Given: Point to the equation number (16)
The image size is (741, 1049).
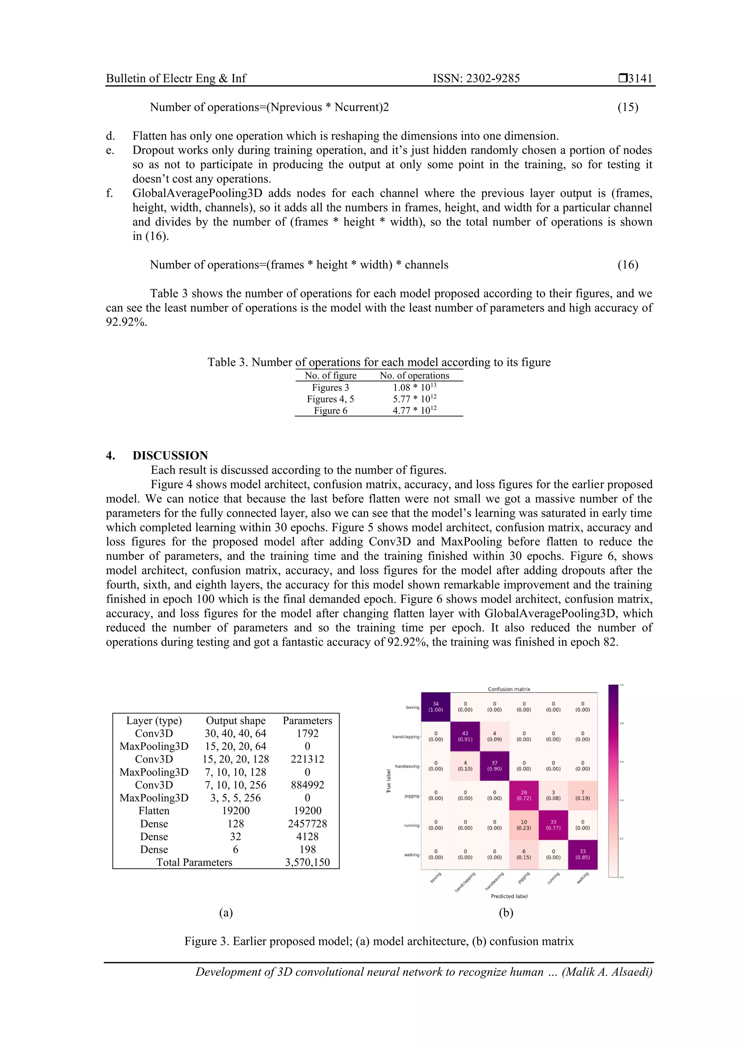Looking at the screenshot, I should pyautogui.click(x=628, y=265).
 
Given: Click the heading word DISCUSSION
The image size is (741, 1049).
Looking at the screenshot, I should pyautogui.click(x=170, y=456).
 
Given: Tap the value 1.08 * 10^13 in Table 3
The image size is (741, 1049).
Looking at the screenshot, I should pyautogui.click(x=415, y=387).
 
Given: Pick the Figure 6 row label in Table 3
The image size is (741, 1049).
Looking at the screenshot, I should pyautogui.click(x=331, y=410).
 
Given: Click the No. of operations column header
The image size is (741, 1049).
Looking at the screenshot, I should pyautogui.click(x=414, y=375).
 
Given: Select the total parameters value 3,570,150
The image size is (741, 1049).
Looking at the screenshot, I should pyautogui.click(x=307, y=862).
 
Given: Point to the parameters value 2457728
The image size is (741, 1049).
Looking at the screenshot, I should pyautogui.click(x=307, y=823).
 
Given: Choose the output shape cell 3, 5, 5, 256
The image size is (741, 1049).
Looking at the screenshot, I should pyautogui.click(x=236, y=798).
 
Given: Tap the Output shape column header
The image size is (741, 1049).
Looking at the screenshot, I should pyautogui.click(x=236, y=721).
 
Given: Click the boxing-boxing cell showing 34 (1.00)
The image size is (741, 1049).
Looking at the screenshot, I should pyautogui.click(x=436, y=707).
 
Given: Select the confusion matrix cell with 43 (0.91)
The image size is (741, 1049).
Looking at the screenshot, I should pyautogui.click(x=465, y=737).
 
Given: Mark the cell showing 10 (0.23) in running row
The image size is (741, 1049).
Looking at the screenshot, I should pyautogui.click(x=524, y=824).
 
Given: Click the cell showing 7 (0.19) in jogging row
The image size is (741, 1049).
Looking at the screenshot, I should pyautogui.click(x=582, y=796).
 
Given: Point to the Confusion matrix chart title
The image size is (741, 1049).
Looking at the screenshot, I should pyautogui.click(x=509, y=689).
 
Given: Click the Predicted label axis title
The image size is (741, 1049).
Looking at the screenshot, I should pyautogui.click(x=509, y=896).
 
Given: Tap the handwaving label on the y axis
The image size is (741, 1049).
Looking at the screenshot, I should pyautogui.click(x=407, y=766).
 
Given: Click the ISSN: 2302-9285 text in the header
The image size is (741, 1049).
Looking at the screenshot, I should pyautogui.click(x=476, y=78).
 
